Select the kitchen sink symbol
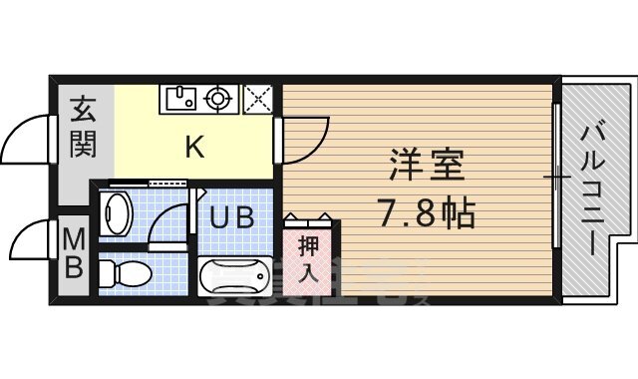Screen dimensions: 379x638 coord(180,98)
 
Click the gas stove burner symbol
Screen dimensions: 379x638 coord(218,98)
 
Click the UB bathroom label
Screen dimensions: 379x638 coord(231,215)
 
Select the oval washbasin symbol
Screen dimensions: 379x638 coord(118,211)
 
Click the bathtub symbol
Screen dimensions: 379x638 coord(236,275)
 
